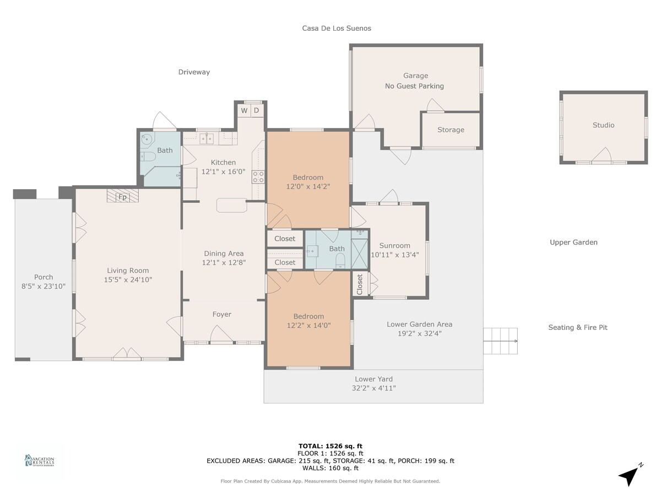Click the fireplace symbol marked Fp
coord(123,195)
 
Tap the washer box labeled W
coord(244,111)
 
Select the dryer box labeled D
coord(257,111)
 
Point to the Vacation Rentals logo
coord(40,460)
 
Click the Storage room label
coord(451,130)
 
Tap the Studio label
coord(603,125)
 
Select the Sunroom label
coord(394,245)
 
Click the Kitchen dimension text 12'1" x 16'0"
coord(223,172)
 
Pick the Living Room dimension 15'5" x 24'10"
coord(128,279)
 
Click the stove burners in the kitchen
coord(258,177)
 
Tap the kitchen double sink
coord(207,139)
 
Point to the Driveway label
coord(194,72)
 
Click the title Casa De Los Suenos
coord(337,28)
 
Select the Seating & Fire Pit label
coord(578,327)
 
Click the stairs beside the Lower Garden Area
coord(500,341)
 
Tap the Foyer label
coord(221,315)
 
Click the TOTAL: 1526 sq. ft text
coord(330,446)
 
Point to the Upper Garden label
coord(573,242)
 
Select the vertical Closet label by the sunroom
coord(360,284)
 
